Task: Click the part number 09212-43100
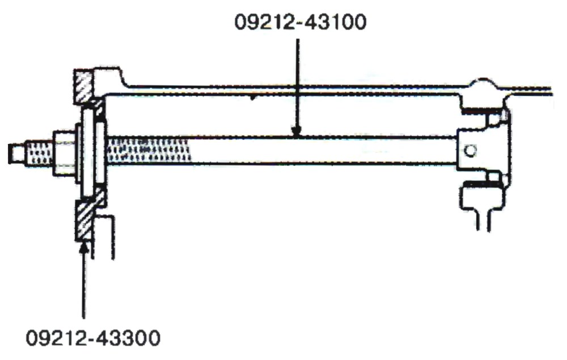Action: coord(300,22)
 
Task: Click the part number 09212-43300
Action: coord(93,338)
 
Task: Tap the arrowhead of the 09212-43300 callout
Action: coord(84,248)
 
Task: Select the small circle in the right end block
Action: coord(469,150)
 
